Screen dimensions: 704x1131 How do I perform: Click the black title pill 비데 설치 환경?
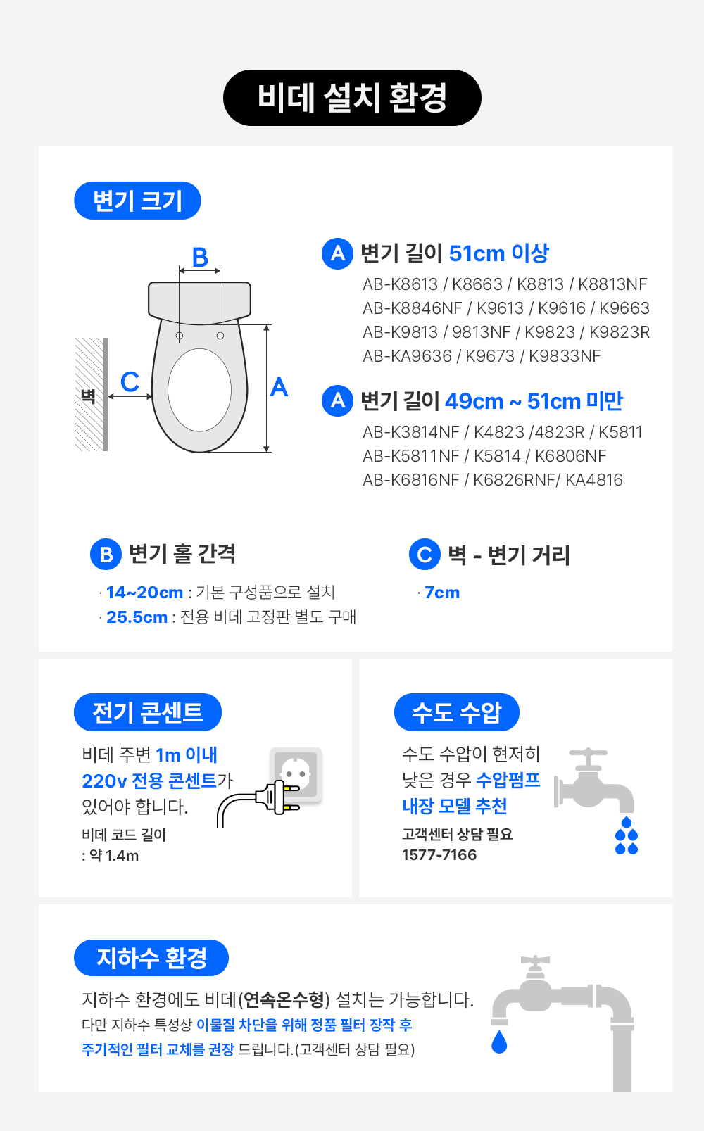pos(352,98)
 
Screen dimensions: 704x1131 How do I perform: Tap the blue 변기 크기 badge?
pos(137,201)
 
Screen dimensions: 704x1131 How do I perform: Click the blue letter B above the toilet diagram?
pos(200,257)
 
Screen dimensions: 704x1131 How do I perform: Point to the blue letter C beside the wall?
pos(130,381)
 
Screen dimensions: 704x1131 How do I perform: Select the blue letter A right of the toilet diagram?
pos(279,387)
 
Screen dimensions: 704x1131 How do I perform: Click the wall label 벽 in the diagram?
pos(88,396)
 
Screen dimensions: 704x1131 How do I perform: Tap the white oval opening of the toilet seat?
pos(199,390)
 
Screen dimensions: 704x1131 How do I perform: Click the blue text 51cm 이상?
pos(498,253)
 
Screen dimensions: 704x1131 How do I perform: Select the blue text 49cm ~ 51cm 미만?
pos(534,401)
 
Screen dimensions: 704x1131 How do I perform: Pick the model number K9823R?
pos(619,332)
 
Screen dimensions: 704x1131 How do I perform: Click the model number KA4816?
pos(594,480)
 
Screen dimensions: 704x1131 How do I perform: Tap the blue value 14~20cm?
pos(144,593)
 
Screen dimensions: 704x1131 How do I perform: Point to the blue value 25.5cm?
pos(137,617)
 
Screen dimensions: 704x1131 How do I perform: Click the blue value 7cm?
pos(442,593)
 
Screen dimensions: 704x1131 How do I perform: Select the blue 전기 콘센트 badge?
pos(147,712)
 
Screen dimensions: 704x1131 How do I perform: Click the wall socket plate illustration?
pos(296,775)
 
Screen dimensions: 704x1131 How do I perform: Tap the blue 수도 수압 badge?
pos(456,712)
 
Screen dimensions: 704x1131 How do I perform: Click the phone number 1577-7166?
pos(439,855)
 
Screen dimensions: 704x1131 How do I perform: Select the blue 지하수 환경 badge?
pos(151,958)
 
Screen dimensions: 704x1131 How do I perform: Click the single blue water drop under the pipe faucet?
pos(499,1042)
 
